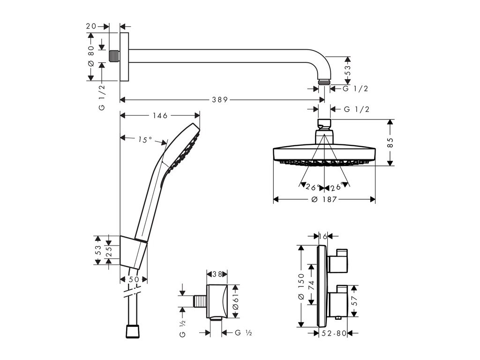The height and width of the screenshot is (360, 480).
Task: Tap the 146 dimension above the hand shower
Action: [160, 116]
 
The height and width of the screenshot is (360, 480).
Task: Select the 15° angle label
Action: [144, 140]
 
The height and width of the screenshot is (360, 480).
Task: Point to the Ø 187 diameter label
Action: [324, 200]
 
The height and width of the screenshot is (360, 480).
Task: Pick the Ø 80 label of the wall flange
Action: [91, 57]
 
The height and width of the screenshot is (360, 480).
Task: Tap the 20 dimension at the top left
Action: [91, 27]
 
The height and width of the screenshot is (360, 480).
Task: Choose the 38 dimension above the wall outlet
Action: [217, 273]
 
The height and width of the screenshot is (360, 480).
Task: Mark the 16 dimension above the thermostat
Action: [322, 237]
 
